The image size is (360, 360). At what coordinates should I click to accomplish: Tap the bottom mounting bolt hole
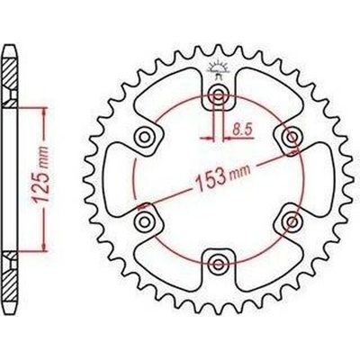pyautogui.click(x=218, y=262)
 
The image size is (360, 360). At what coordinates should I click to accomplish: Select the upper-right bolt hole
pyautogui.click(x=291, y=136)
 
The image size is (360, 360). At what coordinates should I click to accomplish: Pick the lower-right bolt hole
pyautogui.click(x=291, y=220)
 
